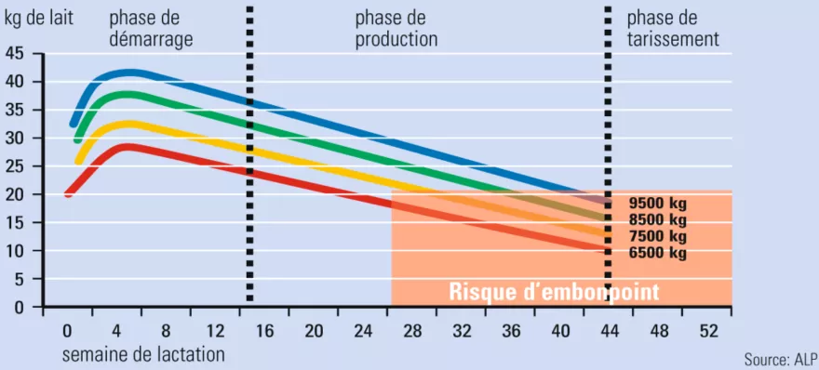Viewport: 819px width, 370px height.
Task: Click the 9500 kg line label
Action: point(657,203)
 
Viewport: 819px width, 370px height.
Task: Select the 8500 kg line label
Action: point(657,219)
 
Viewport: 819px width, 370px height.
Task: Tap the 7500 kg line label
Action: point(657,236)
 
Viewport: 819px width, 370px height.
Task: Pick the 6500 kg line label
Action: point(657,253)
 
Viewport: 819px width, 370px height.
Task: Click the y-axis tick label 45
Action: point(16,54)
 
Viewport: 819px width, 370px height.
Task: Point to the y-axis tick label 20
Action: point(16,195)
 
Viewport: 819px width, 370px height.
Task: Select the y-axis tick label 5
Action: point(20,280)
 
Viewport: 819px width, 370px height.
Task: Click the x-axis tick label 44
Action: point(609,331)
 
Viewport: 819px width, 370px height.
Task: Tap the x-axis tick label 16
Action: point(264,331)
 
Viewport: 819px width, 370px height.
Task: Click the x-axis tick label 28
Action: point(412,331)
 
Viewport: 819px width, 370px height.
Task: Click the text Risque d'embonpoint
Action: point(554,292)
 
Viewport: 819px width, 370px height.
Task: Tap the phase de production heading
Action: point(396,29)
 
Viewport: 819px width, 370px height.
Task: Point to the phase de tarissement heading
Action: point(673,29)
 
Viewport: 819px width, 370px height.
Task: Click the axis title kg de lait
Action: point(39,18)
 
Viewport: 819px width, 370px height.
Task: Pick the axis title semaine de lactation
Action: point(143,354)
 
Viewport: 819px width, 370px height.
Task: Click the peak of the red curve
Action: point(128,146)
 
